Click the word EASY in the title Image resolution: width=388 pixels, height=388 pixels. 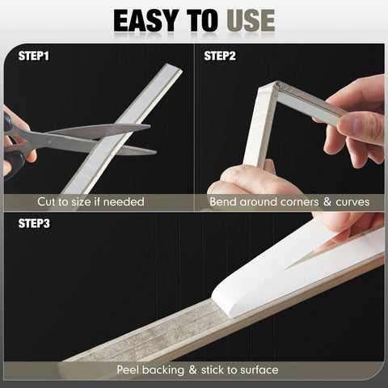146,20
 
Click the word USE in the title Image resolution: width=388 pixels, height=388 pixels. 251,20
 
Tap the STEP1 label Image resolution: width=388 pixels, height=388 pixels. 34,56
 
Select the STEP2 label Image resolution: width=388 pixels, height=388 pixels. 220,56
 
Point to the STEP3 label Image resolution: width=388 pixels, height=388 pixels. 34,223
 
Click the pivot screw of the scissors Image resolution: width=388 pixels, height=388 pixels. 48,141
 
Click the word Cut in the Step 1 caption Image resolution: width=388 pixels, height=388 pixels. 45,202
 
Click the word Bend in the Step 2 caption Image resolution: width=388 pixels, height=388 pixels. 223,202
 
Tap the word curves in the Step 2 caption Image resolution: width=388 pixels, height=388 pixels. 352,202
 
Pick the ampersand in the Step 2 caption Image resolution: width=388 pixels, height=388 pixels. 327,202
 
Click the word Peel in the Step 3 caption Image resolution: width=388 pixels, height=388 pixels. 128,369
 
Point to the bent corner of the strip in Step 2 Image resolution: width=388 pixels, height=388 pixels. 274,86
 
